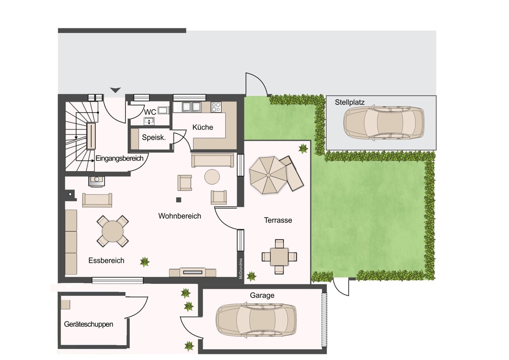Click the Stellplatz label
(350, 102)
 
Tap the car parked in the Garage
(256, 319)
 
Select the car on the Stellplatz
(384, 123)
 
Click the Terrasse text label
(278, 220)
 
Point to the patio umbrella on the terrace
(268, 175)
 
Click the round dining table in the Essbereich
(113, 231)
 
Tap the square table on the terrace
(279, 256)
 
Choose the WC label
(150, 112)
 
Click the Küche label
(202, 127)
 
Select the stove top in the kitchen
(216, 107)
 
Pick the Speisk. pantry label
(154, 137)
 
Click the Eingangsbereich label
(120, 158)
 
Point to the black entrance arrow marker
(115, 90)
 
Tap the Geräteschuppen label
(89, 324)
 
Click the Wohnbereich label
(179, 216)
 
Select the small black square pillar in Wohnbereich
(179, 199)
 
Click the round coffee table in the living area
(212, 177)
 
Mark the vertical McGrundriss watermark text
(241, 269)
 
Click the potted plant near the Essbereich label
(145, 261)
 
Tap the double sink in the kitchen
(192, 107)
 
